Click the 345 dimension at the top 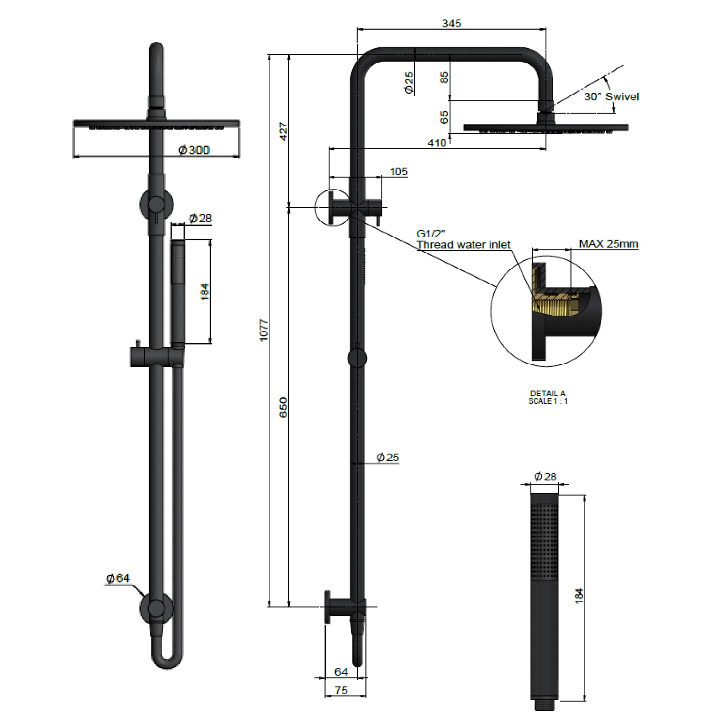[x=451, y=23]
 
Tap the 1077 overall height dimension [x=264, y=330]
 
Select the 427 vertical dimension [x=284, y=131]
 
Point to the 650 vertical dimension [x=284, y=407]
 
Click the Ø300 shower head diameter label [x=194, y=150]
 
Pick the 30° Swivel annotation [x=611, y=96]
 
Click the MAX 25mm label [x=608, y=244]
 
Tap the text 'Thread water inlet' [x=463, y=245]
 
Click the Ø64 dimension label [x=118, y=578]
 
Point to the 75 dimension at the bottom [x=341, y=690]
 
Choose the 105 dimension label [x=398, y=172]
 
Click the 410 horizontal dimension [x=437, y=143]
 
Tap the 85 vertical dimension [x=444, y=77]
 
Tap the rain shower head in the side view [x=546, y=127]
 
